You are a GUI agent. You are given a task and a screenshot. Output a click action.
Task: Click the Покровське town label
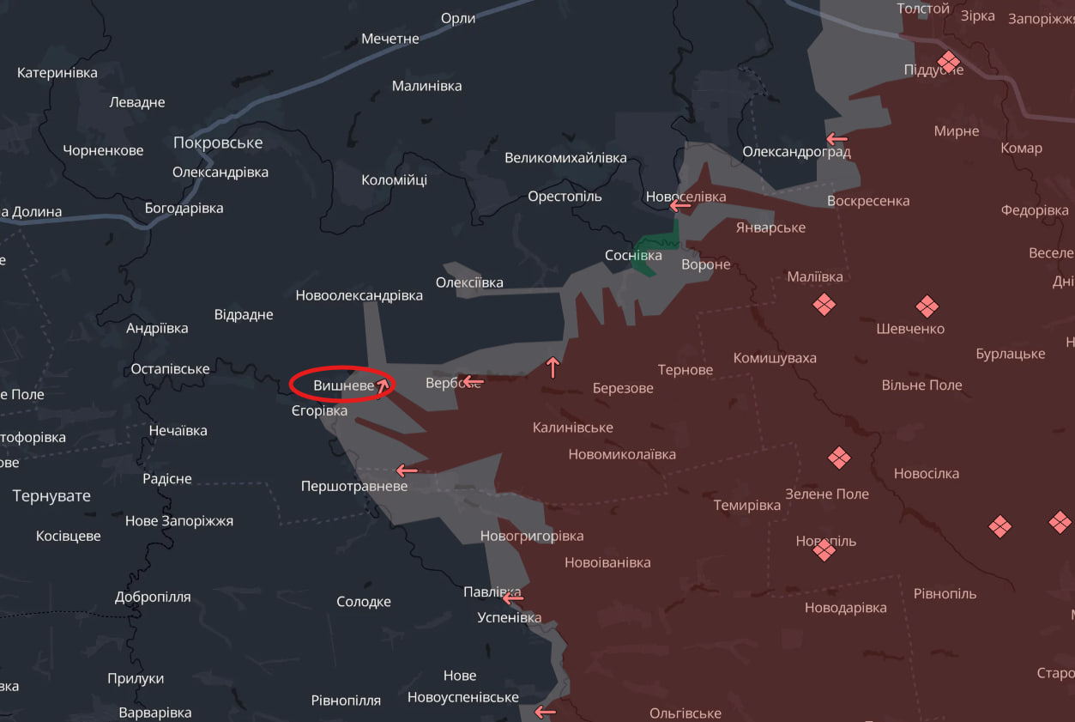pyautogui.click(x=218, y=143)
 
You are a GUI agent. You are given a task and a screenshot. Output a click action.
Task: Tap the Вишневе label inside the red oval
pyautogui.click(x=343, y=386)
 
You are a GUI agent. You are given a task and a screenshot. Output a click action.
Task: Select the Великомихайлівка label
pyautogui.click(x=565, y=158)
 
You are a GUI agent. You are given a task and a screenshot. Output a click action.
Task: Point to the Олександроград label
pyautogui.click(x=796, y=152)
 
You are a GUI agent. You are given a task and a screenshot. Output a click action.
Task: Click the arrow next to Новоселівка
pyautogui.click(x=680, y=206)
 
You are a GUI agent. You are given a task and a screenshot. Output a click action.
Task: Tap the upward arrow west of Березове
pyautogui.click(x=553, y=367)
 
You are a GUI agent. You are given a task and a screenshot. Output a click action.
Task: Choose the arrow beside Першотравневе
pyautogui.click(x=407, y=470)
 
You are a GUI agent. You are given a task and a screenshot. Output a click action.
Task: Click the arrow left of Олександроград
pyautogui.click(x=836, y=138)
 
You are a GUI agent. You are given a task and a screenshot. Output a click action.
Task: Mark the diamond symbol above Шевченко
pyautogui.click(x=927, y=306)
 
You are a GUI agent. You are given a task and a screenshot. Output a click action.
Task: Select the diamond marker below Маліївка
pyautogui.click(x=824, y=305)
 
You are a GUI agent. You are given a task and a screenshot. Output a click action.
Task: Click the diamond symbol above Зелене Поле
pyautogui.click(x=839, y=458)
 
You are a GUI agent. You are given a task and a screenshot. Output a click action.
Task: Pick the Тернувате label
pyautogui.click(x=51, y=495)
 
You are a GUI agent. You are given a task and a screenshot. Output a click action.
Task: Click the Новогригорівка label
pyautogui.click(x=532, y=536)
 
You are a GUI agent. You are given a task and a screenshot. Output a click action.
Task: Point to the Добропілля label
pyautogui.click(x=153, y=597)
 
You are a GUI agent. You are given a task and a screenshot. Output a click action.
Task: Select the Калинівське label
pyautogui.click(x=572, y=428)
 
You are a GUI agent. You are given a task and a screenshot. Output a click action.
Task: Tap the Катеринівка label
pyautogui.click(x=57, y=73)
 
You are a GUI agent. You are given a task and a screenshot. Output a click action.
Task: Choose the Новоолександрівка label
pyautogui.click(x=359, y=295)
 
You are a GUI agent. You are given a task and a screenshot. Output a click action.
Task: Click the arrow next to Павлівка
pyautogui.click(x=513, y=598)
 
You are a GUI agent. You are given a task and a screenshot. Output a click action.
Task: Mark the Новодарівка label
pyautogui.click(x=845, y=608)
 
